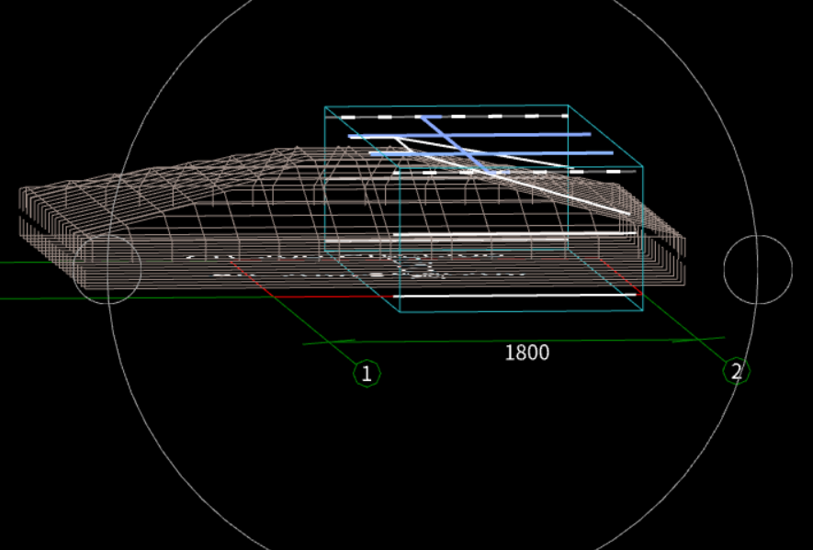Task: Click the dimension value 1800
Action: tap(526, 353)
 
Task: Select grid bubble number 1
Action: tap(367, 373)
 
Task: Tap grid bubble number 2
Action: tap(735, 371)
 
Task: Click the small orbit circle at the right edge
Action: tap(758, 269)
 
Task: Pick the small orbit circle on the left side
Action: tap(107, 268)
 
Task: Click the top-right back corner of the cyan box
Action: tap(568, 107)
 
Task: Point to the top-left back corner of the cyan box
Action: tap(325, 107)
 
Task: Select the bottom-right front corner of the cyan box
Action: tap(642, 310)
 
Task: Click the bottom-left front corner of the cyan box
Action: tap(401, 312)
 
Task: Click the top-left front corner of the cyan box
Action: tap(400, 170)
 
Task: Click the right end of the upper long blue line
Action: tap(590, 134)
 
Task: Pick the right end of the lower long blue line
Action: tap(611, 153)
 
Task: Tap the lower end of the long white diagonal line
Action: tap(629, 214)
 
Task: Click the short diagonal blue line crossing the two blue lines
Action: tap(455, 143)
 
